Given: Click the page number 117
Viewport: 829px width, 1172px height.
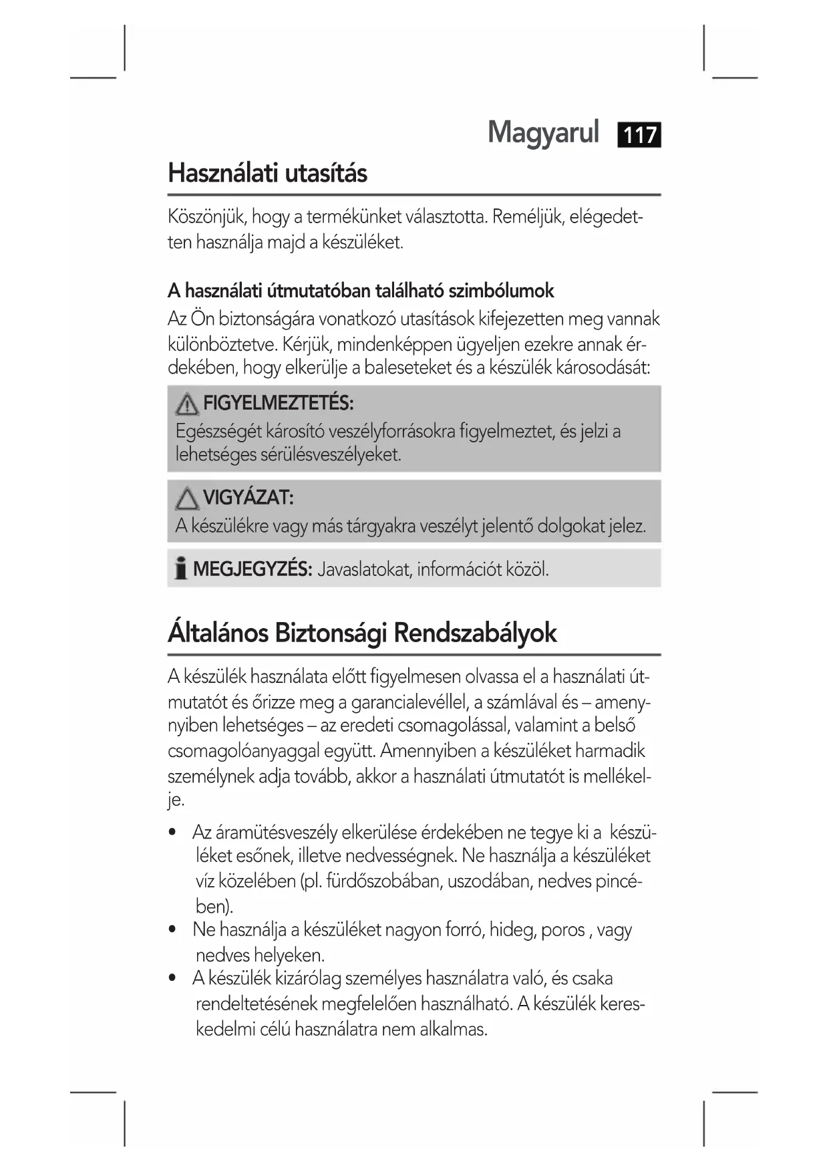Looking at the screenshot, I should click(639, 135).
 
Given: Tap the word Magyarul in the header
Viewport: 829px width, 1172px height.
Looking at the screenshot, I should click(543, 132).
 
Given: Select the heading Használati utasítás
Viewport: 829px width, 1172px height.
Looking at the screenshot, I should click(267, 173).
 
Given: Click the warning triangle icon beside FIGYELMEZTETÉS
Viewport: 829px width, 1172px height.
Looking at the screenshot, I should click(187, 404).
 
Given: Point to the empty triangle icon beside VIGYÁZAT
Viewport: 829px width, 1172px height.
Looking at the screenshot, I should click(187, 498).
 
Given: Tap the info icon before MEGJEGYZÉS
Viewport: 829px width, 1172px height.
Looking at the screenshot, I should click(180, 569).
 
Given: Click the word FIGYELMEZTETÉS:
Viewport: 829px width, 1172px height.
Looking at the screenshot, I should click(278, 403).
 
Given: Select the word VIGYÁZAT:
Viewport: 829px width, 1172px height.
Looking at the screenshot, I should click(248, 498).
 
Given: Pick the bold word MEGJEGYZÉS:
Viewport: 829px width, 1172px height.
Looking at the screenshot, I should click(253, 569).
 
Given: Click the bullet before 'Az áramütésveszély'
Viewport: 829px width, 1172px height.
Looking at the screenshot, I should click(174, 833).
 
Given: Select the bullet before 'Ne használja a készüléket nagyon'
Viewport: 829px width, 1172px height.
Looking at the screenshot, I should click(174, 929).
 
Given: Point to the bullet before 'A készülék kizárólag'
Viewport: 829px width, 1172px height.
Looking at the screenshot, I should click(174, 978).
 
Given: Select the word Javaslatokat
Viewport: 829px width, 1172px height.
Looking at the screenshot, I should click(363, 569).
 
